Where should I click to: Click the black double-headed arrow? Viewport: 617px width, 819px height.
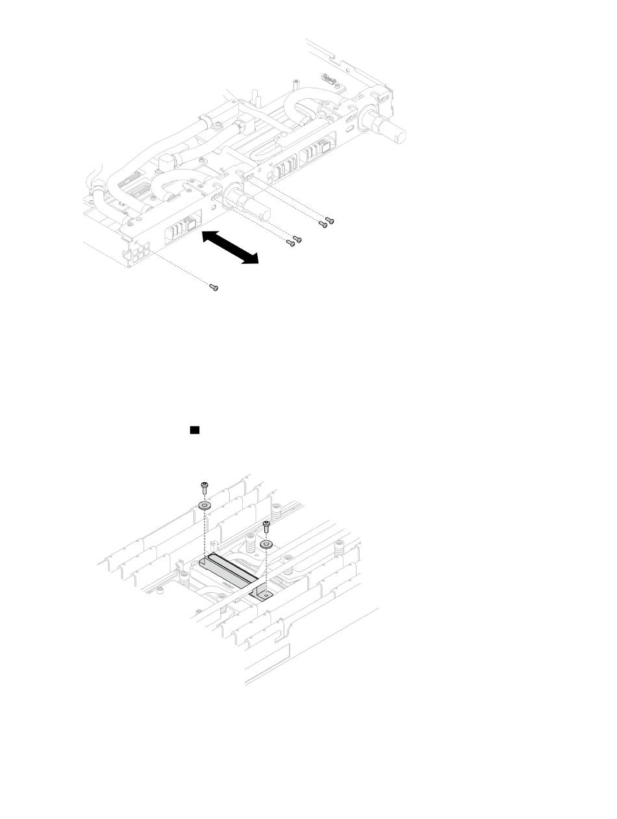tap(229, 247)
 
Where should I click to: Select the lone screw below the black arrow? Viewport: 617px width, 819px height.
tap(214, 287)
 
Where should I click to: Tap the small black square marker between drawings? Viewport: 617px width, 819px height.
tap(194, 430)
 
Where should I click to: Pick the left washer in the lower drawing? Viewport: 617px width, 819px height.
tap(205, 506)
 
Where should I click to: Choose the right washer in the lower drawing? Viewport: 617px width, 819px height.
tap(266, 543)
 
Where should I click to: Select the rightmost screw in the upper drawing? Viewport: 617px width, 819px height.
tap(331, 221)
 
